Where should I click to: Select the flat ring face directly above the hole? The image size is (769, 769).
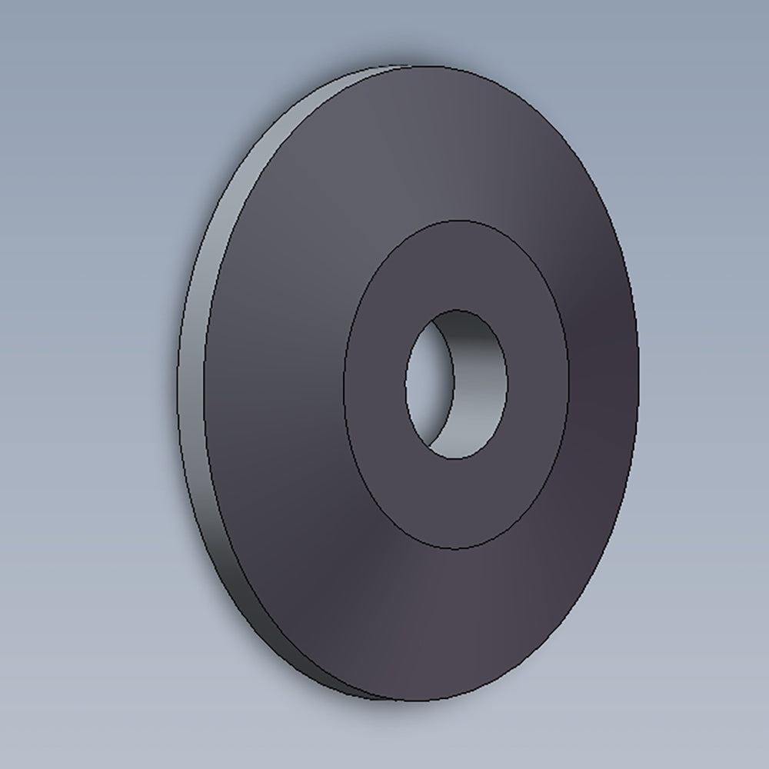coord(456,265)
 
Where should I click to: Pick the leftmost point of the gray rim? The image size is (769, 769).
coord(178,384)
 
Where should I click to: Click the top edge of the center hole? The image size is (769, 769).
coord(456,310)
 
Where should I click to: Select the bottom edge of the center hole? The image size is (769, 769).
coord(456,460)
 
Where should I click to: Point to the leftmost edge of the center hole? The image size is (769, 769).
coord(405,384)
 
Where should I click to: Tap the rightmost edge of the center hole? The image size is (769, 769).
coord(508,384)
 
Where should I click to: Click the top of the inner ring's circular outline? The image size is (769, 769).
coord(456,221)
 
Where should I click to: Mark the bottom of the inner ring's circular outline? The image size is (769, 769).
coord(456,549)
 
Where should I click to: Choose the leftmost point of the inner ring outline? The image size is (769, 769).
coord(343,384)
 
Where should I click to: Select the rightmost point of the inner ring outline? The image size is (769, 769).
coord(569,384)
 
